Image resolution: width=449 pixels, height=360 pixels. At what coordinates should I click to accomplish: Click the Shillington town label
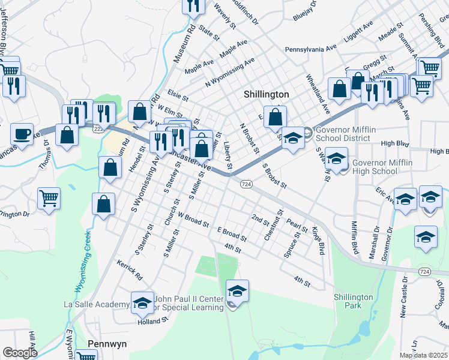coord(267,95)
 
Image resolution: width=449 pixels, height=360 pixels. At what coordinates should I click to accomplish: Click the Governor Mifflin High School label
coord(382,167)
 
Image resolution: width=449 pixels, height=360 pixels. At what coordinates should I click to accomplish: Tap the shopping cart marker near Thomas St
coord(49,197)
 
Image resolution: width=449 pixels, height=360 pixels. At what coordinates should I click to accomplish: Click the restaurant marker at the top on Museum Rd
coord(193,6)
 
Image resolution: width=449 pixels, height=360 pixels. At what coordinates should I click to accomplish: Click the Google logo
coord(20,353)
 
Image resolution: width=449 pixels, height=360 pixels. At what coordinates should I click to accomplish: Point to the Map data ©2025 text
coord(423,355)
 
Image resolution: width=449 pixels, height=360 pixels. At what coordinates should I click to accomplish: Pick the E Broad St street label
coord(232,234)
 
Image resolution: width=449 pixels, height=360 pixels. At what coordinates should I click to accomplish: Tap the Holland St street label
coord(152,321)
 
